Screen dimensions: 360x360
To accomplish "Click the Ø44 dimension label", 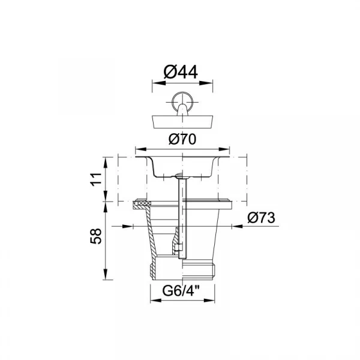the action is tap(181, 72).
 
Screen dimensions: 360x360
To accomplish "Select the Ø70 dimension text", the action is tap(182, 139).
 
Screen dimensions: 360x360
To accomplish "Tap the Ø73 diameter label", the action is tap(261, 218).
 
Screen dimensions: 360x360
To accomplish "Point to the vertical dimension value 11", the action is tap(96, 179).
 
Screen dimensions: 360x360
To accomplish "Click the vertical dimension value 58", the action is tap(96, 236).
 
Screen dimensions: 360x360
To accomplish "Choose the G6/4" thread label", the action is tap(181, 291).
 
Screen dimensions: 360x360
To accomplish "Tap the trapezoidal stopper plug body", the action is tap(182, 122).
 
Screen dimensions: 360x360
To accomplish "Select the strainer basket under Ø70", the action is tap(182, 167).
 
